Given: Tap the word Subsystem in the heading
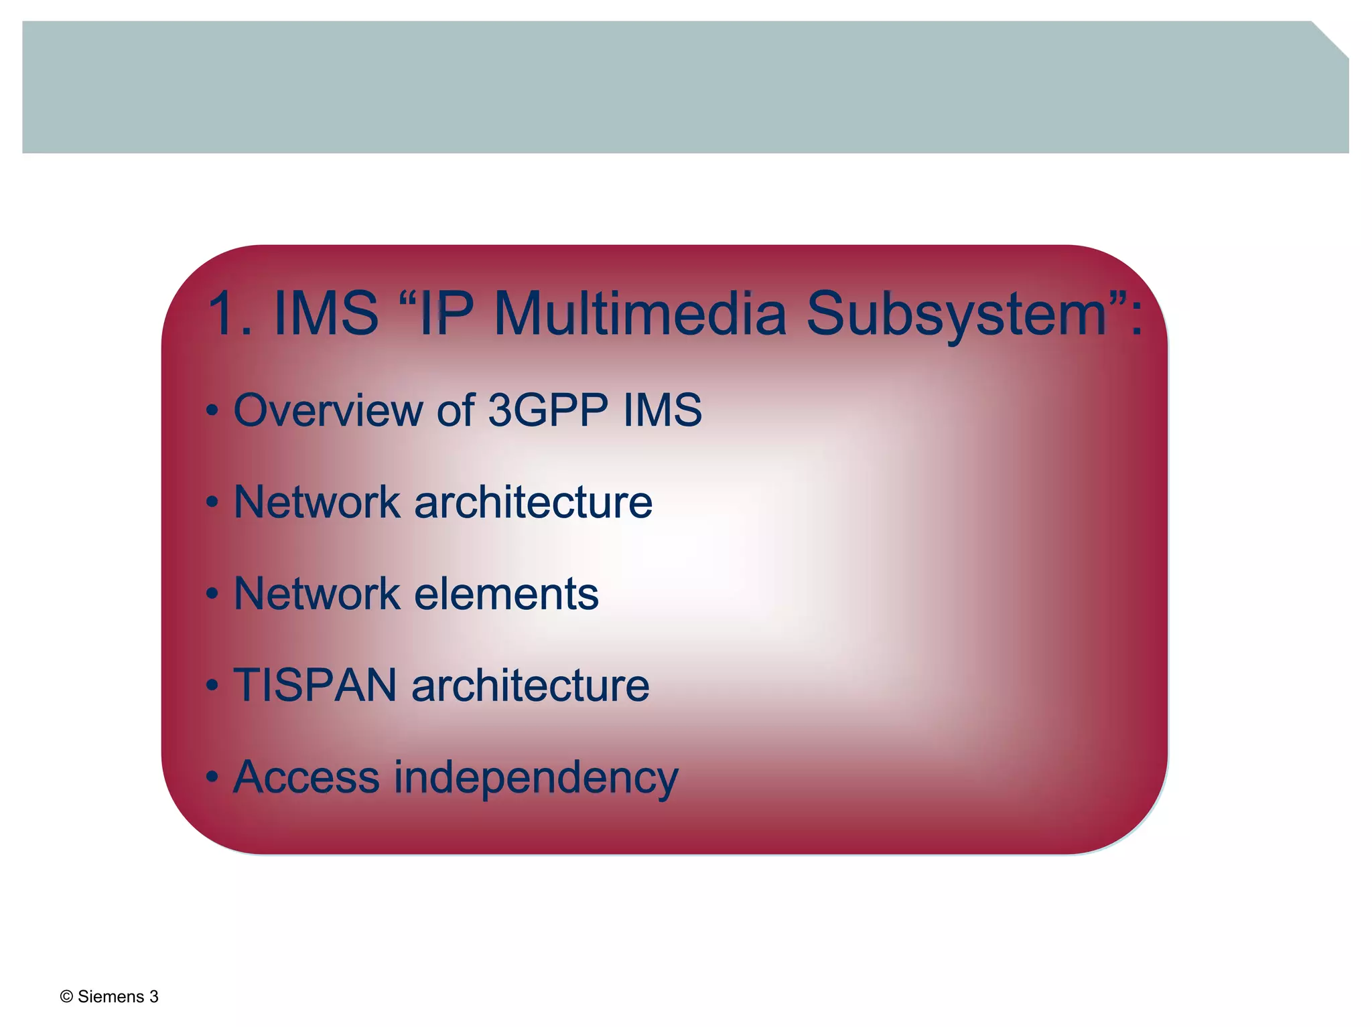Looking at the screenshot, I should click(x=957, y=315).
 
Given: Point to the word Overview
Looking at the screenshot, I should click(x=328, y=410).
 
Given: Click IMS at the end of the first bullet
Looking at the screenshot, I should click(x=663, y=410).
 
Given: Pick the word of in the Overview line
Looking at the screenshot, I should click(x=456, y=410).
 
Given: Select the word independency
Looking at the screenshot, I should click(x=536, y=779).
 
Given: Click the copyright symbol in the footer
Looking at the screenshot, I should click(x=66, y=997).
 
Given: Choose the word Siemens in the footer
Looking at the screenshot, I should click(x=111, y=997).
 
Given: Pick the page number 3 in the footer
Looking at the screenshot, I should click(x=154, y=997).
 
